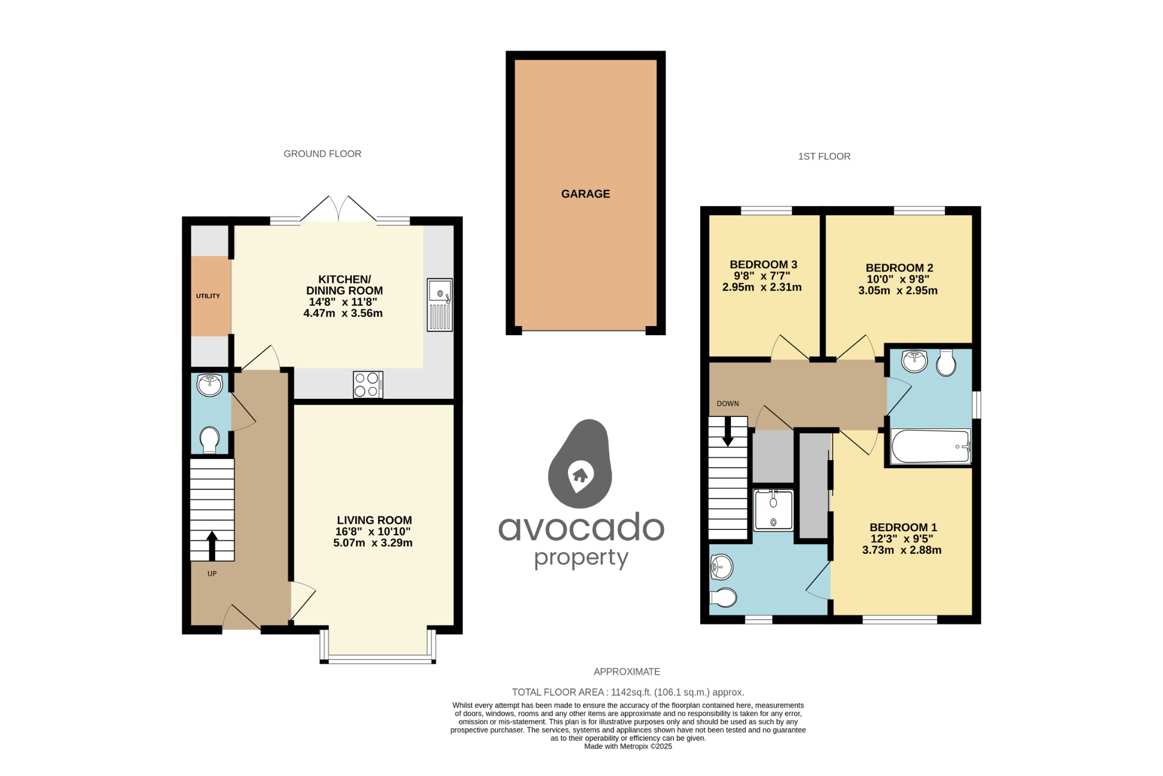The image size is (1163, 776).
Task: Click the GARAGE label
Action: [x=585, y=194]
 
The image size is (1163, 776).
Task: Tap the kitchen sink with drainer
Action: [x=440, y=305]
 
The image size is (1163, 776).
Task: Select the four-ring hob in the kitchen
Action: [x=367, y=385]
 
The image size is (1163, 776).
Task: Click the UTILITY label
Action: [x=208, y=296]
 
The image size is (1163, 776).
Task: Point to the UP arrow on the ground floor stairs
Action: [x=212, y=545]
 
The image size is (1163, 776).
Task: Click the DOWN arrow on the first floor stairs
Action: [x=727, y=433]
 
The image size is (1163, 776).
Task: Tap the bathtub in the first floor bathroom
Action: [x=931, y=447]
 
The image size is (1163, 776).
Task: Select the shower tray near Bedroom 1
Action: [x=773, y=510]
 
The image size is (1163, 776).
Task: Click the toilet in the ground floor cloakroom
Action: [x=210, y=440]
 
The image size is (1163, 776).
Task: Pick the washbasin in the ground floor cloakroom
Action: [x=210, y=385]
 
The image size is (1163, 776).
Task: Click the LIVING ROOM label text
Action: [x=374, y=520]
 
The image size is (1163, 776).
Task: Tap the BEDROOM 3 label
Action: [x=763, y=265]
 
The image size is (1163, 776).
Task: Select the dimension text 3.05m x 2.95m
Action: [x=898, y=290]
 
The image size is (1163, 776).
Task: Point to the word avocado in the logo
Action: [x=581, y=528]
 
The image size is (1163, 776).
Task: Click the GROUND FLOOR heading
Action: [x=322, y=154]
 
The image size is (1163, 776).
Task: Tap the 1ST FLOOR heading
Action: [x=824, y=157]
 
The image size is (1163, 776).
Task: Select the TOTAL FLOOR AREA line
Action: [x=627, y=692]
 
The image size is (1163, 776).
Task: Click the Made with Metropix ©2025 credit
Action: [x=627, y=746]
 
